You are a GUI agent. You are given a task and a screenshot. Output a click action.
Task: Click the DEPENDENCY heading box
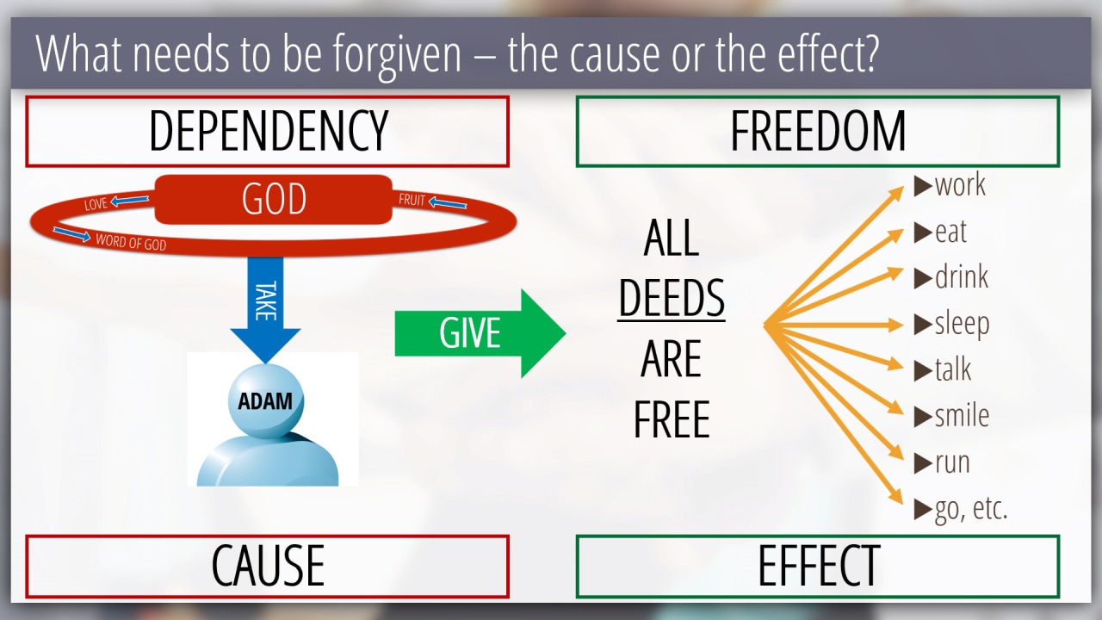tap(267, 131)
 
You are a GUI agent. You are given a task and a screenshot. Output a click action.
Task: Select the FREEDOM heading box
tap(817, 131)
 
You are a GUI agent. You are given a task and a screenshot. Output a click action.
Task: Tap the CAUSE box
tap(267, 566)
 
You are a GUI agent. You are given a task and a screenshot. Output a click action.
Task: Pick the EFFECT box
tap(817, 566)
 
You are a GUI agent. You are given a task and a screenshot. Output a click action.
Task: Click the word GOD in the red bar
tap(274, 200)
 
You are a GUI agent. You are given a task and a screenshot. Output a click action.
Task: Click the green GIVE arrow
tap(479, 333)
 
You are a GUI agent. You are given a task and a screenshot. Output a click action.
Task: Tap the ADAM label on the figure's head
tap(264, 401)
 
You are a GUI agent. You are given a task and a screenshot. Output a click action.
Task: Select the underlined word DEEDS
tap(672, 299)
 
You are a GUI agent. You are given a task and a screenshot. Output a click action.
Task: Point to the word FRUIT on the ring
tap(412, 201)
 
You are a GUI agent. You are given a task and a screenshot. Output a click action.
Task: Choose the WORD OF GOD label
tap(130, 242)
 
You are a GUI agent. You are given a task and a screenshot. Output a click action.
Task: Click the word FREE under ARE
tap(672, 420)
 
